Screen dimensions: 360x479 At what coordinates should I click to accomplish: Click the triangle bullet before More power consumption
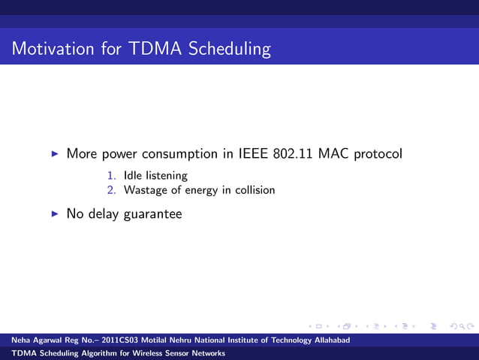point(54,154)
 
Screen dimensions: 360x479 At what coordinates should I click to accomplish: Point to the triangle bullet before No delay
point(54,214)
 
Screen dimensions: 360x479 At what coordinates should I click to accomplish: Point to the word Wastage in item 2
point(146,191)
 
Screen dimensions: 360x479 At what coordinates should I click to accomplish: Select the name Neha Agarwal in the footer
point(37,341)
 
